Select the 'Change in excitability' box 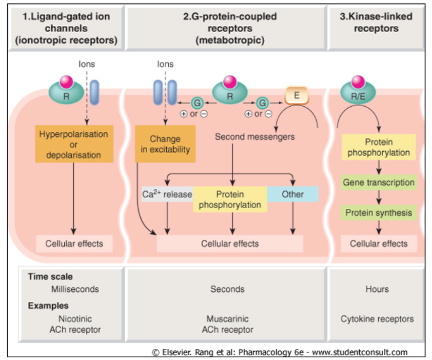(165, 144)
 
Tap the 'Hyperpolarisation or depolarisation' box (74, 144)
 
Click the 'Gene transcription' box (378, 183)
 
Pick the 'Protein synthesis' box (378, 213)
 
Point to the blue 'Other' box (293, 194)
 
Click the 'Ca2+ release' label (167, 194)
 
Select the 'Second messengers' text (255, 137)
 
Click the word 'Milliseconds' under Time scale (75, 289)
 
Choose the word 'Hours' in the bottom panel (377, 289)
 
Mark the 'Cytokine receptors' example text (377, 319)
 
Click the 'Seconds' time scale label (227, 289)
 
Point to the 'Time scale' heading (50, 277)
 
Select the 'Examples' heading (48, 306)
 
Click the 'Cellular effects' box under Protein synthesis (378, 243)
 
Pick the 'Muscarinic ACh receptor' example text (227, 324)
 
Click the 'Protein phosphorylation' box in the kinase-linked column (378, 147)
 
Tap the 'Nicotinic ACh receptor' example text (75, 324)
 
